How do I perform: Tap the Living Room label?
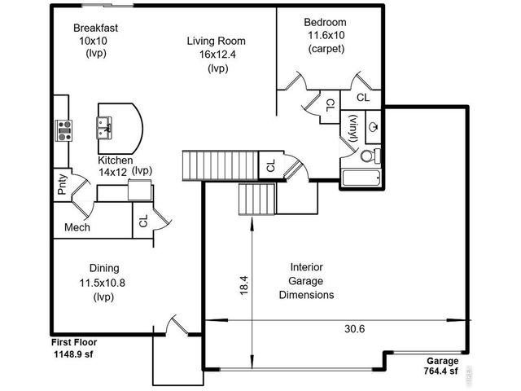(x=216, y=41)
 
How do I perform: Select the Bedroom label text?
(x=326, y=22)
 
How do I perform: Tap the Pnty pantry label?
(x=63, y=186)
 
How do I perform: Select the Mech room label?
(x=77, y=227)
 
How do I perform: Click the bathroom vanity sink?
(x=372, y=126)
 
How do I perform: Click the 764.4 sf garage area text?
(x=440, y=371)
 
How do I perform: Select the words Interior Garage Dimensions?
(x=306, y=281)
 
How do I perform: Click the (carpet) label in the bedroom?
(x=326, y=49)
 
